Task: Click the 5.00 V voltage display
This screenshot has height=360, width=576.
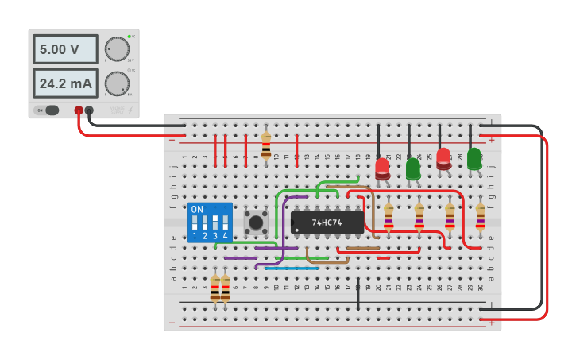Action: pyautogui.click(x=65, y=49)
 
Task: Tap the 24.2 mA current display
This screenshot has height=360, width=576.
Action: pyautogui.click(x=65, y=83)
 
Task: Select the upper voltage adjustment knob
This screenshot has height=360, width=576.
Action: pyautogui.click(x=117, y=49)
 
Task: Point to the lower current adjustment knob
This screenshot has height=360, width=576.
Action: pyautogui.click(x=117, y=83)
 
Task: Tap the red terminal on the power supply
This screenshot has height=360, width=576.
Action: pyautogui.click(x=78, y=110)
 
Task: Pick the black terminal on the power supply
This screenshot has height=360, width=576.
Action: pyautogui.click(x=89, y=110)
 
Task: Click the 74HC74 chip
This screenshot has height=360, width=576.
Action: pyautogui.click(x=327, y=223)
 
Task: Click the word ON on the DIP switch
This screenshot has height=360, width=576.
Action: pyautogui.click(x=197, y=210)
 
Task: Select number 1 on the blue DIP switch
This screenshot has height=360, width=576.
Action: pyautogui.click(x=195, y=236)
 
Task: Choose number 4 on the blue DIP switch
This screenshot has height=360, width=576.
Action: pyautogui.click(x=226, y=236)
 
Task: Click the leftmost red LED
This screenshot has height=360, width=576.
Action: pyautogui.click(x=382, y=168)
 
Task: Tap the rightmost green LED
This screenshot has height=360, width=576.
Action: pyautogui.click(x=474, y=158)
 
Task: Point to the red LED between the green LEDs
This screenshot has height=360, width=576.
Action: pyautogui.click(x=443, y=158)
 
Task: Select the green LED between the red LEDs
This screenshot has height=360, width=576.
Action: pyautogui.click(x=413, y=168)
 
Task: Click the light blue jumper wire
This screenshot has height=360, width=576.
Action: pyautogui.click(x=292, y=269)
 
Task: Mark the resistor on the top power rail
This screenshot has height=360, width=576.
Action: pyautogui.click(x=266, y=145)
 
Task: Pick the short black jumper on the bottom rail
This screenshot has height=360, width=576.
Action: pyautogui.click(x=358, y=294)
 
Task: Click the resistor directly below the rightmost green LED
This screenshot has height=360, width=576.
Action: pyautogui.click(x=480, y=216)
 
